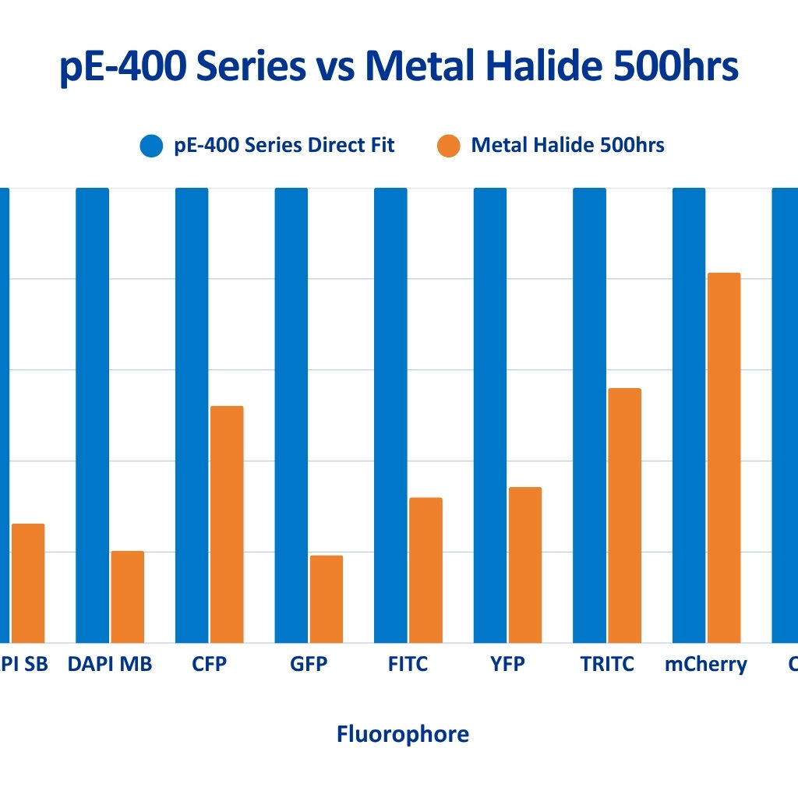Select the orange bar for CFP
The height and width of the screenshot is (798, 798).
[x=227, y=524]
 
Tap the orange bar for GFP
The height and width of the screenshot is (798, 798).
[x=327, y=598]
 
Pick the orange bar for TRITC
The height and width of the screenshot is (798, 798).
[x=624, y=515]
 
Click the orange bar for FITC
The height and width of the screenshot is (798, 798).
[x=425, y=570]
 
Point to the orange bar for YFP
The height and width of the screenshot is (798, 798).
[x=525, y=565]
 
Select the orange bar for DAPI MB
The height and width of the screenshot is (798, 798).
[x=127, y=596]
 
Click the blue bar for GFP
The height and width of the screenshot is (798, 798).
[x=291, y=415]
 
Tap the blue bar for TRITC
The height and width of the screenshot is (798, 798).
[x=589, y=415]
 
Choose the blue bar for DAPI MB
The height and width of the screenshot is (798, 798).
[x=92, y=415]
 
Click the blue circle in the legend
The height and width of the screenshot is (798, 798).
[x=151, y=146]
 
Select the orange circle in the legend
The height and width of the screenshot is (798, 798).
[x=449, y=146]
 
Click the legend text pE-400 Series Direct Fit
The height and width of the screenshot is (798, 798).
[x=284, y=146]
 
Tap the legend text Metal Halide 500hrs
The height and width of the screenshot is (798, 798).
[x=567, y=146]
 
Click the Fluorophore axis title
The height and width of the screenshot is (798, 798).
[x=402, y=733]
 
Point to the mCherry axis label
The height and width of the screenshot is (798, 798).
[x=705, y=665]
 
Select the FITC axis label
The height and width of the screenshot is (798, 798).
[x=408, y=665]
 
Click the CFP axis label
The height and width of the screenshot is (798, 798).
[x=209, y=665]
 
